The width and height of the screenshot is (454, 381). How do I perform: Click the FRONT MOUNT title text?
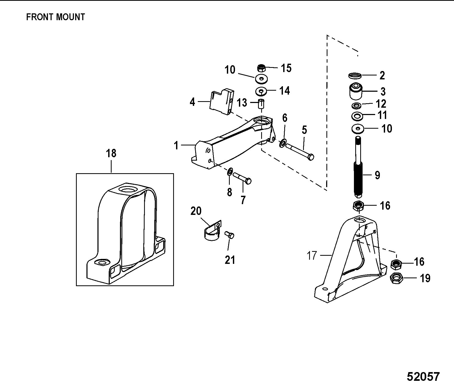click(56, 17)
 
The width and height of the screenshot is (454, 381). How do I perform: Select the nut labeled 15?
click(261, 68)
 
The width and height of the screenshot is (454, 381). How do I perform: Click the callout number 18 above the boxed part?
click(111, 153)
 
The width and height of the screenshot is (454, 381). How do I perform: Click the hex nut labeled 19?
click(397, 278)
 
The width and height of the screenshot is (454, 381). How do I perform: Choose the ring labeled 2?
click(355, 76)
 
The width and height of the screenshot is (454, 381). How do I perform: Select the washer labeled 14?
click(261, 91)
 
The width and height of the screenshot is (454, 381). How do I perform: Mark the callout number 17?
click(312, 255)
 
